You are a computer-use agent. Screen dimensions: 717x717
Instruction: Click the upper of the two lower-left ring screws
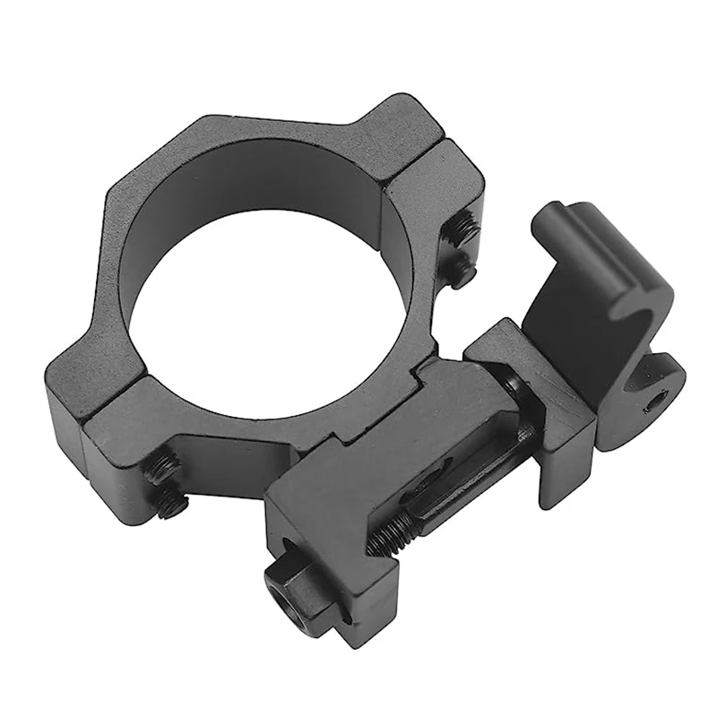coord(164,469)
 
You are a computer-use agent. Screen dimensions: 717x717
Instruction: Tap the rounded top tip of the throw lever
coord(551,218)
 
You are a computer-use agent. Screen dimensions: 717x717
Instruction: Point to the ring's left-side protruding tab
coord(85,385)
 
